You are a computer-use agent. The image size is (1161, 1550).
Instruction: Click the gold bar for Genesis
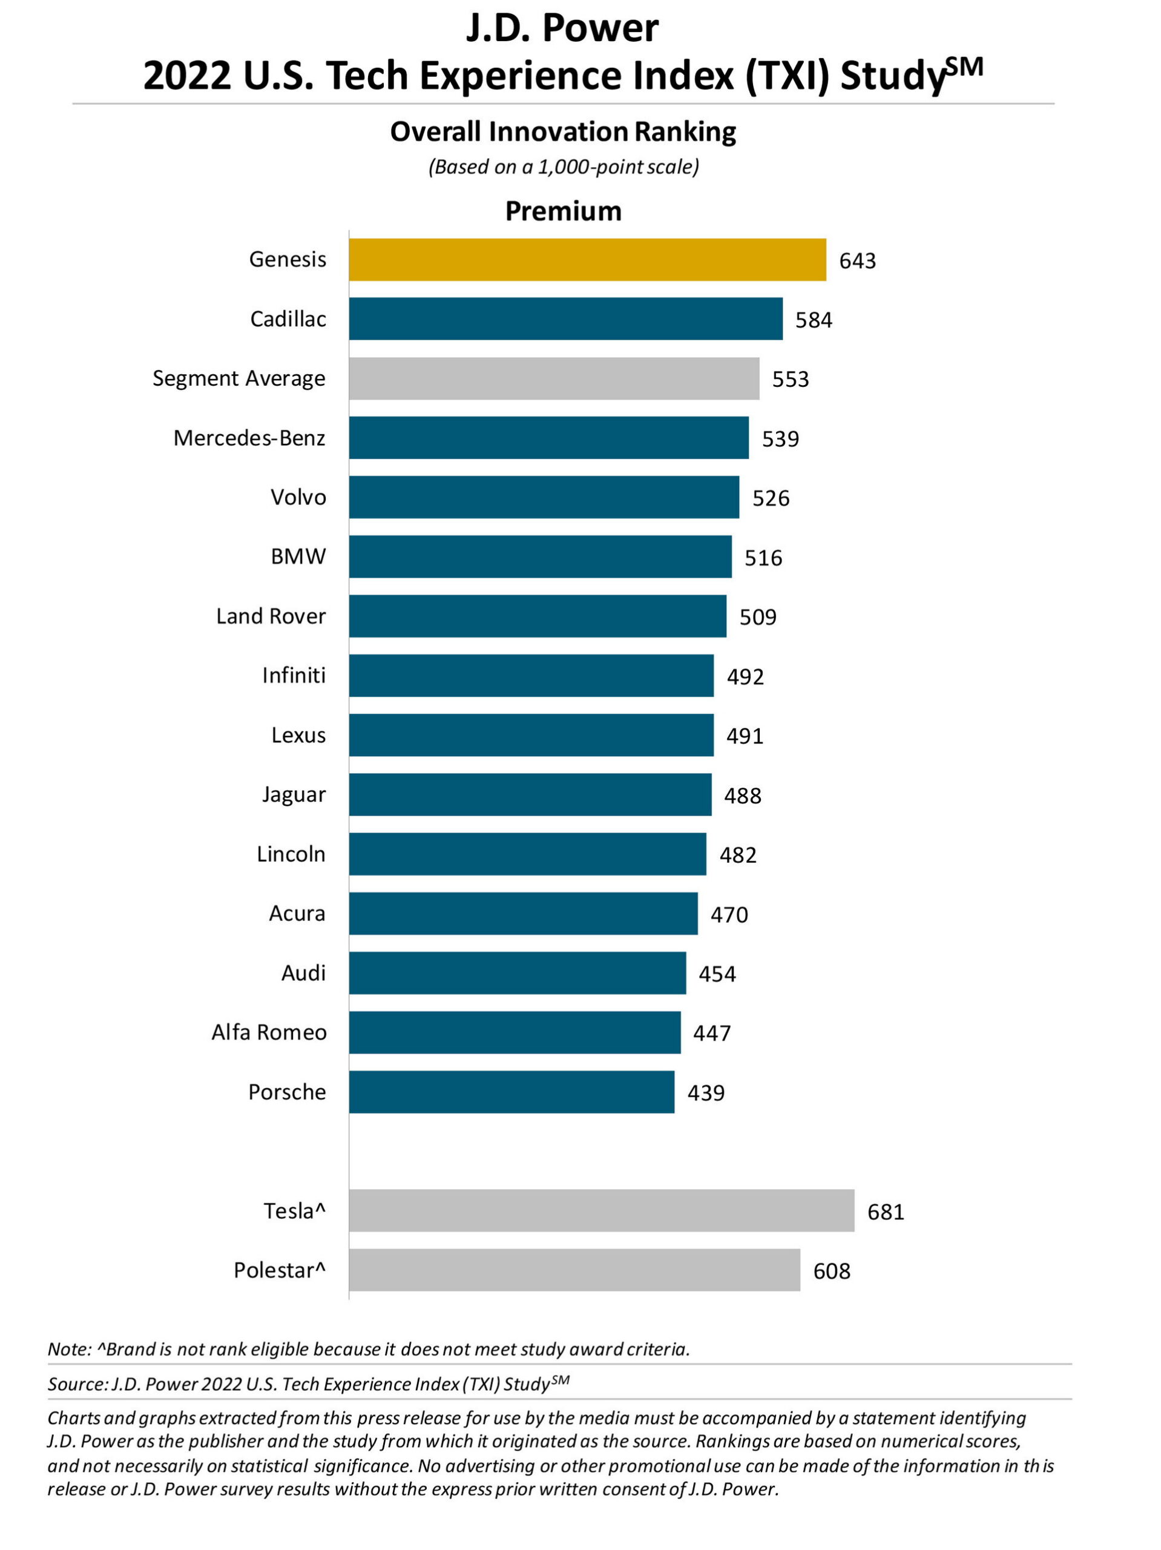tap(587, 259)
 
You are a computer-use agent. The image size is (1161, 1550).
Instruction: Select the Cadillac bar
tap(565, 319)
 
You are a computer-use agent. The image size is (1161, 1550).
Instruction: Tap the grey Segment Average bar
tap(553, 378)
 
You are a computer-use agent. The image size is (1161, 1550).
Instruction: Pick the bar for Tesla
tap(601, 1211)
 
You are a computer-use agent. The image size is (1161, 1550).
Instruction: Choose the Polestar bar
tap(574, 1270)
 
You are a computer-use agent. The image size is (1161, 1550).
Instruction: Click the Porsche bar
tap(511, 1092)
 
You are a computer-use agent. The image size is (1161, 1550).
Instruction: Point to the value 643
tap(857, 261)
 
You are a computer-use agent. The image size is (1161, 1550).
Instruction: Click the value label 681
tap(886, 1212)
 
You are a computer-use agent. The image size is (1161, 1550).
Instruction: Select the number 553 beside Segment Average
tap(790, 379)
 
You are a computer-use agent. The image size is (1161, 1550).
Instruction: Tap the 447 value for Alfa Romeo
tap(711, 1033)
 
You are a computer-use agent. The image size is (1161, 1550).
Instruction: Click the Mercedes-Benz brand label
tap(249, 438)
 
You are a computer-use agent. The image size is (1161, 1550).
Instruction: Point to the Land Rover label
tap(271, 616)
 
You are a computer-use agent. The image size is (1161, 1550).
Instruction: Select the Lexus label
tap(298, 735)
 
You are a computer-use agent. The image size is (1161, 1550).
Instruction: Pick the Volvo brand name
tap(298, 498)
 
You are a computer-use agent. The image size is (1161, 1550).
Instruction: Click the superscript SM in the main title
tap(964, 67)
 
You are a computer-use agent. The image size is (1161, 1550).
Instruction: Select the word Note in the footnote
tap(68, 1349)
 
